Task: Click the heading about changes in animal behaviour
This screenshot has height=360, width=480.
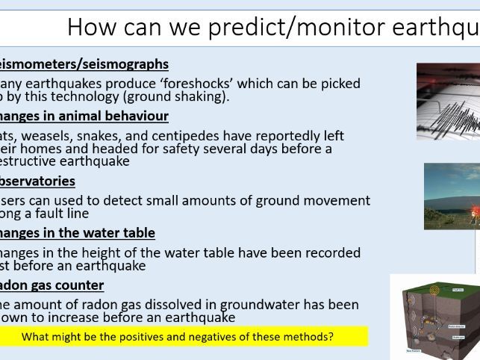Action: point(84,116)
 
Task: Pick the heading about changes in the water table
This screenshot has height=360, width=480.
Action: point(78,233)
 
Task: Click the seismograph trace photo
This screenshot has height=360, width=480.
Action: point(448,101)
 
